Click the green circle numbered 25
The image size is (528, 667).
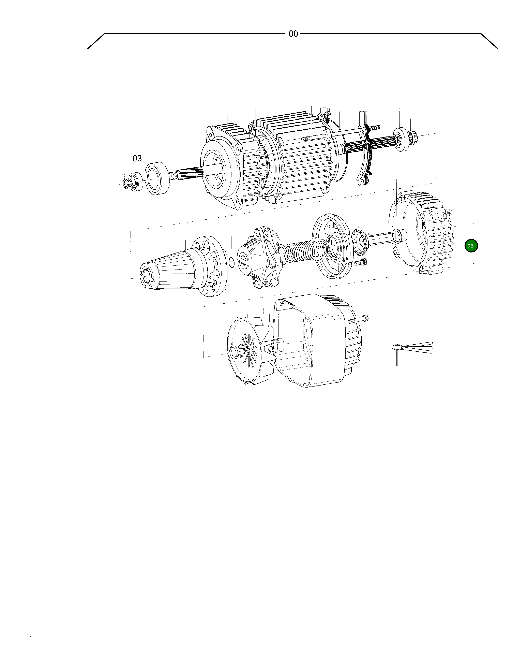471,246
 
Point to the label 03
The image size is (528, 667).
137,159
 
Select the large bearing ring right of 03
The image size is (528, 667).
157,179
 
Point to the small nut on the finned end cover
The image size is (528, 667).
449,212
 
